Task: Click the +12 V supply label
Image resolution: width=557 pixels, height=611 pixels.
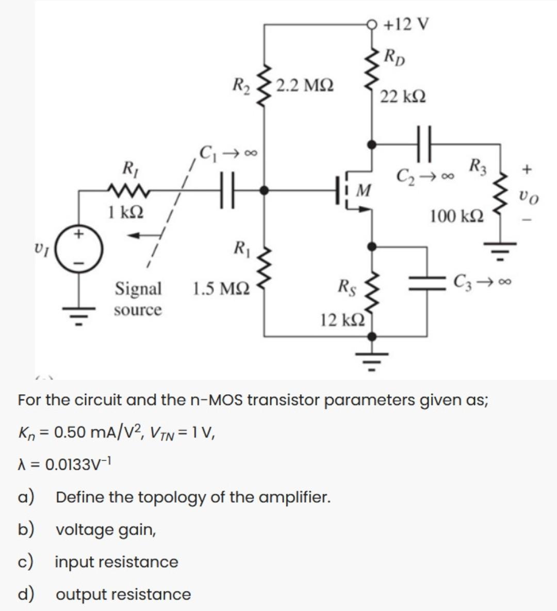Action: click(407, 24)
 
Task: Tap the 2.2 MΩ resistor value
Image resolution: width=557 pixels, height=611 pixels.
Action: click(304, 85)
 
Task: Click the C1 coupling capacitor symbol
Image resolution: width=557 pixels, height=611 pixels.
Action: click(227, 190)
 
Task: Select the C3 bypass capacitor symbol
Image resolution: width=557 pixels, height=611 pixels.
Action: click(427, 283)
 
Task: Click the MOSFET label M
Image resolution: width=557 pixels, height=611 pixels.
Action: click(364, 191)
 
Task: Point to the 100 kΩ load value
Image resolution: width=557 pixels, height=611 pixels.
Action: click(457, 216)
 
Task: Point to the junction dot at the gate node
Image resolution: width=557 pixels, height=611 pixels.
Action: click(264, 190)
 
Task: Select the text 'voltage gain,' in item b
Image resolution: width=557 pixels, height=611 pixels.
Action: click(106, 529)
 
